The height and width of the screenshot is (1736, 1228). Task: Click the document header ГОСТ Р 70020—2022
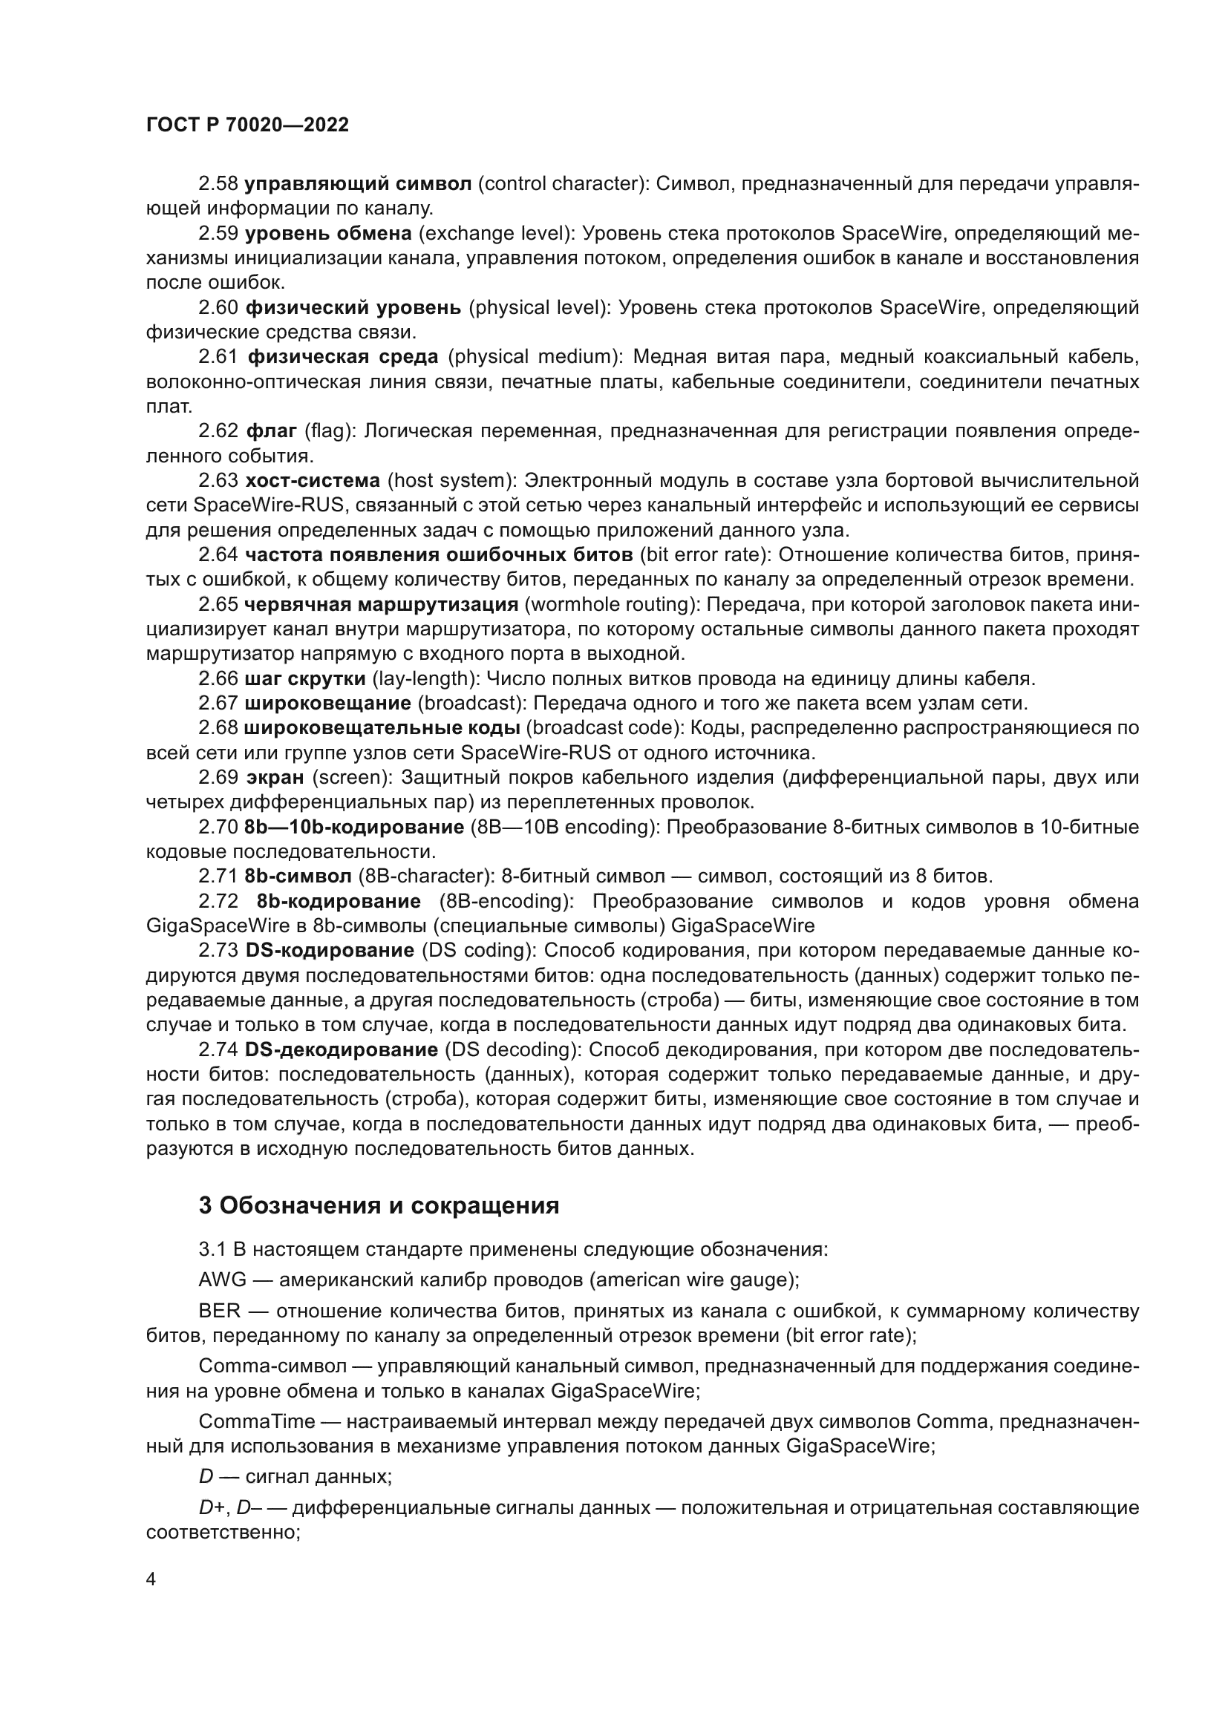[247, 125]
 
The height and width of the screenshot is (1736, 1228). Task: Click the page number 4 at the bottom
[151, 1580]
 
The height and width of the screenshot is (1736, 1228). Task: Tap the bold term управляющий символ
[358, 184]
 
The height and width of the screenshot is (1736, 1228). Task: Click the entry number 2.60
[218, 308]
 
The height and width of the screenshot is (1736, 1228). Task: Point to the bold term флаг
[272, 431]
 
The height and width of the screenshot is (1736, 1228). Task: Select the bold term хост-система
[313, 481]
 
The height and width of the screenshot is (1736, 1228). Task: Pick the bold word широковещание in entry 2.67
[327, 703]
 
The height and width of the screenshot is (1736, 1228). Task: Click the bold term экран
[275, 777]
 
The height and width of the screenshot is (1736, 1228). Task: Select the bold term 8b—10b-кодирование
[354, 827]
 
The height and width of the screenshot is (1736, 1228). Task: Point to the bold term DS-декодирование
[341, 1049]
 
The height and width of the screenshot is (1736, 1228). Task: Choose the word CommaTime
[256, 1421]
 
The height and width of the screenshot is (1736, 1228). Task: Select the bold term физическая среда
[342, 357]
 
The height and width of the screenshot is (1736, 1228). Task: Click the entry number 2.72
[218, 901]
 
